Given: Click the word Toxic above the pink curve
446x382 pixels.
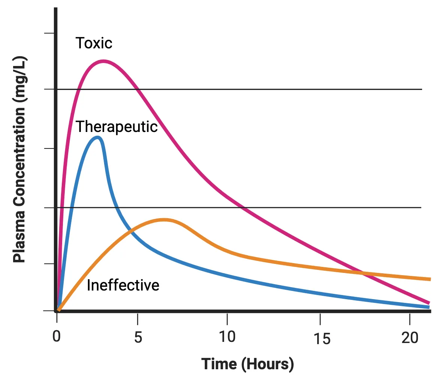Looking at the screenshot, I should click(x=94, y=43).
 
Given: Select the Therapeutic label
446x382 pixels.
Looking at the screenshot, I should click(x=116, y=127).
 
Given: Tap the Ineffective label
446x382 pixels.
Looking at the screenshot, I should click(x=123, y=285).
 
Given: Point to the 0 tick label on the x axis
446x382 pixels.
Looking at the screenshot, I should click(x=57, y=337).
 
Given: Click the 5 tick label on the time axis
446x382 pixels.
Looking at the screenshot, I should click(x=138, y=337).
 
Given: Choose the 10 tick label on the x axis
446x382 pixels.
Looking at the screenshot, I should click(x=227, y=337).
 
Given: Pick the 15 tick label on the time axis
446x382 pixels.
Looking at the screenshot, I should click(x=322, y=339).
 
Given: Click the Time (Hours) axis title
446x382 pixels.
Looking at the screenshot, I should click(x=247, y=364).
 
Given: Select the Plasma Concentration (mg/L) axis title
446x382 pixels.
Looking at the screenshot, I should click(x=19, y=160).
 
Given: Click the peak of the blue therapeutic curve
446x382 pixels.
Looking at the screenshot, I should click(x=98, y=137).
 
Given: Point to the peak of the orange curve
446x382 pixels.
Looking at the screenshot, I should click(x=164, y=220).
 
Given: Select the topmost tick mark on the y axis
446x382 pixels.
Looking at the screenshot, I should click(x=49, y=33).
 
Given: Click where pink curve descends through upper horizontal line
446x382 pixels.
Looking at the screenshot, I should click(x=137, y=90).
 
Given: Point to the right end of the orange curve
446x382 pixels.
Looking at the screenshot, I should click(x=430, y=279).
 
